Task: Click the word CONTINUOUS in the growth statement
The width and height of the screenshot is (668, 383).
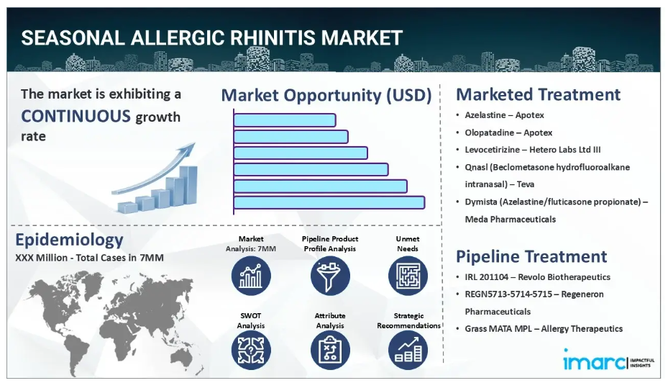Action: pyautogui.click(x=76, y=116)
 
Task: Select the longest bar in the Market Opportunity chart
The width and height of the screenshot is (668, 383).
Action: pyautogui.click(x=329, y=202)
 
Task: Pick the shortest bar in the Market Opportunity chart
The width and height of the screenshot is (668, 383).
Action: pyautogui.click(x=285, y=120)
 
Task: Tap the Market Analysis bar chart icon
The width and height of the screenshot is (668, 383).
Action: pyautogui.click(x=251, y=276)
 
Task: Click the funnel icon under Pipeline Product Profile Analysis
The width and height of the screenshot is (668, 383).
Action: pyautogui.click(x=330, y=276)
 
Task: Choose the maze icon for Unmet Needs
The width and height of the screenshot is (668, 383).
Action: pyautogui.click(x=408, y=276)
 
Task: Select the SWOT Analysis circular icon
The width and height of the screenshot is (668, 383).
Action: pyautogui.click(x=251, y=350)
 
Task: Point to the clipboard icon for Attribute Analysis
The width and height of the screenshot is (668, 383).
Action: pyautogui.click(x=330, y=350)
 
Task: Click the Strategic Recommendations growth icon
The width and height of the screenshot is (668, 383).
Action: pyautogui.click(x=408, y=350)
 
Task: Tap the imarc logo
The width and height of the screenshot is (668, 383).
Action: pyautogui.click(x=608, y=360)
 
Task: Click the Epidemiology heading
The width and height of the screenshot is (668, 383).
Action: pyautogui.click(x=69, y=240)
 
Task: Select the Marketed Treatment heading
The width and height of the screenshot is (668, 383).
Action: pyautogui.click(x=538, y=94)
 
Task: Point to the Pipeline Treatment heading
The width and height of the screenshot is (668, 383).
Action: pyautogui.click(x=531, y=256)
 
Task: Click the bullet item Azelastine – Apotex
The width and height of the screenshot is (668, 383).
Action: pyautogui.click(x=504, y=115)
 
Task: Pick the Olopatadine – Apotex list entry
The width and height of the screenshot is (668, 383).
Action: pyautogui.click(x=508, y=132)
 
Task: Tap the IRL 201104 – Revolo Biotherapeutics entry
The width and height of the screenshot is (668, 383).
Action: pyautogui.click(x=538, y=277)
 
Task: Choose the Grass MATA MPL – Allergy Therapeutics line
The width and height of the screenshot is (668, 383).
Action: pyautogui.click(x=544, y=329)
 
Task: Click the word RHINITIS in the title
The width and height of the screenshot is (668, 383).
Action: pyautogui.click(x=273, y=37)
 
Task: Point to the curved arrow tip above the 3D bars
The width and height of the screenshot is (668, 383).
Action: pyautogui.click(x=194, y=144)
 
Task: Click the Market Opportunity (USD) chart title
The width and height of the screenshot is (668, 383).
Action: pyautogui.click(x=326, y=95)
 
